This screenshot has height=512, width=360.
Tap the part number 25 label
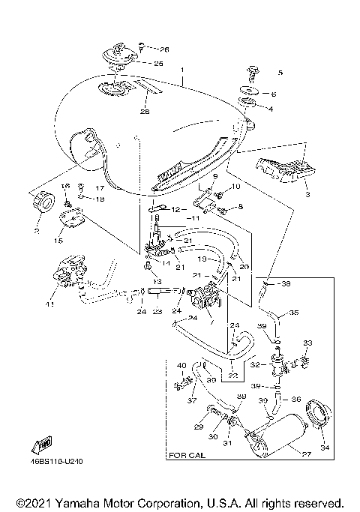pos(158,63)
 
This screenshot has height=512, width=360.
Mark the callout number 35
pos(293,313)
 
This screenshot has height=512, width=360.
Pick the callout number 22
pos(232,376)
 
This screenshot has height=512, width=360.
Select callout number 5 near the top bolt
pos(280,73)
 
